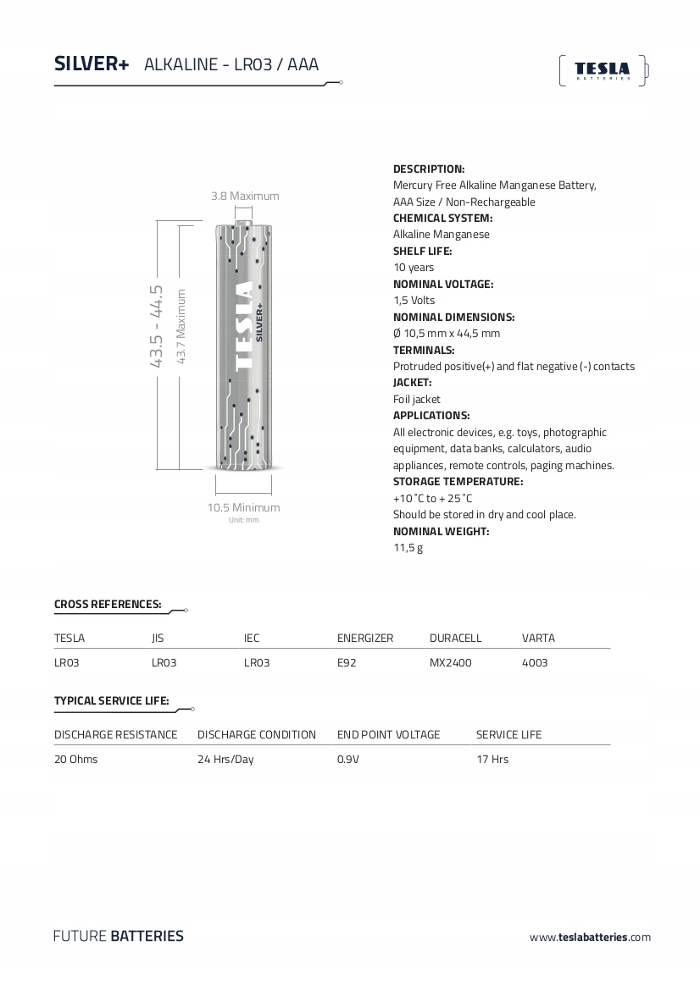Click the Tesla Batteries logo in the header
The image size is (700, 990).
(x=603, y=70)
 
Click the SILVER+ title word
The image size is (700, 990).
(x=92, y=64)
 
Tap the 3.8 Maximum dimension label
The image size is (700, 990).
(x=245, y=196)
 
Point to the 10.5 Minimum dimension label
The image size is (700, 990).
(x=243, y=507)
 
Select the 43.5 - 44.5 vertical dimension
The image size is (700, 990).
(x=157, y=325)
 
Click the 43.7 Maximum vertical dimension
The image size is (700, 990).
(x=181, y=327)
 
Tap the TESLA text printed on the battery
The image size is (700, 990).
(x=242, y=326)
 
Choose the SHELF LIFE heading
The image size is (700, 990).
(x=422, y=251)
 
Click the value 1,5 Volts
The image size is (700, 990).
(x=414, y=300)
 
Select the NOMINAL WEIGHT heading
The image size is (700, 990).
(x=441, y=531)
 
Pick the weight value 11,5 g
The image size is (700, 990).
(x=408, y=548)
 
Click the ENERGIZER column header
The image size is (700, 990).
(x=365, y=638)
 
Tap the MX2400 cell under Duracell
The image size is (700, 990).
(x=450, y=663)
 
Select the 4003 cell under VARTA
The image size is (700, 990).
(x=535, y=663)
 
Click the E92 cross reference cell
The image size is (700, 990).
(x=347, y=663)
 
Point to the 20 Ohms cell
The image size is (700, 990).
(x=75, y=759)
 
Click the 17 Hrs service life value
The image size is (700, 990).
(x=492, y=759)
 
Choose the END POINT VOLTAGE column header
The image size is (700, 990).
(x=388, y=734)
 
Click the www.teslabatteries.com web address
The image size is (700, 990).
(x=590, y=937)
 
